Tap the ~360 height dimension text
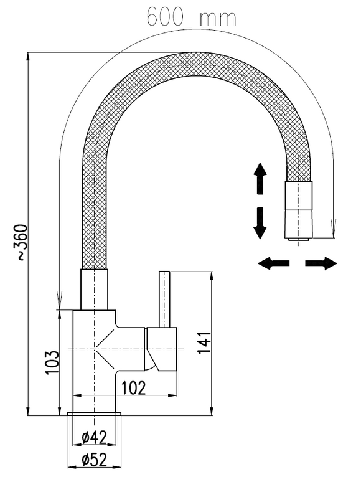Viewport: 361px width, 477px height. pos(22,242)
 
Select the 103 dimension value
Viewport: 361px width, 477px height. pos(52,362)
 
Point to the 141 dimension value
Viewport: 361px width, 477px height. pos(204,342)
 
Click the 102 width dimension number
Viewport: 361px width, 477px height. pos(134,387)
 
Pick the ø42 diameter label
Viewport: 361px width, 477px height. pos(95,438)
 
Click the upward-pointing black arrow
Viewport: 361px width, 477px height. pos(260,178)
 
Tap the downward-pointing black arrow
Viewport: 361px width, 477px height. pos(260,223)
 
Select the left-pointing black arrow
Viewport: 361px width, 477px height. pos(273,263)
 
